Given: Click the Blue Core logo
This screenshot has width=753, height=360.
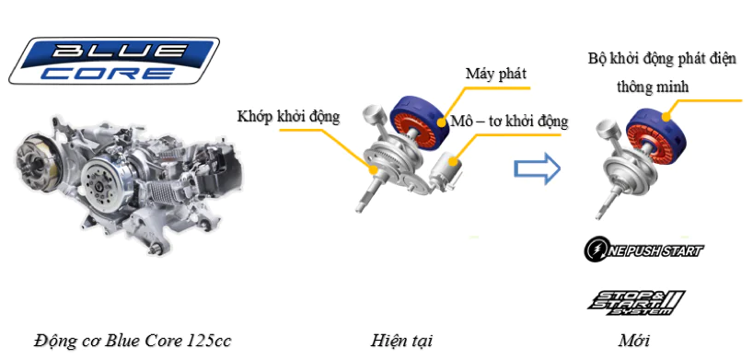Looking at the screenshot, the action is click(x=114, y=61).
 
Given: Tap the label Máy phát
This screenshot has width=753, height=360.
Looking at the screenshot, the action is click(x=496, y=74).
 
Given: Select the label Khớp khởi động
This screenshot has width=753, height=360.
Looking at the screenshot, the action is click(x=289, y=117).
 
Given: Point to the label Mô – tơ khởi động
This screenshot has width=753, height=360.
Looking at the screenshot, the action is click(x=509, y=122).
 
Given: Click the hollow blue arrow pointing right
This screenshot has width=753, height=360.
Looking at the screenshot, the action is click(x=538, y=169).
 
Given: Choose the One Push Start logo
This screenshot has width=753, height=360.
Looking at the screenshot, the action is click(x=643, y=250).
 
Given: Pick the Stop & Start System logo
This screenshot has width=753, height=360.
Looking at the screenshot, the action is click(x=636, y=303).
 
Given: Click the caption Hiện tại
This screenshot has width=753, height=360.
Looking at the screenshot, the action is click(x=401, y=342).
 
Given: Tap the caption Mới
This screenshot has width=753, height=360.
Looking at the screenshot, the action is click(x=634, y=342).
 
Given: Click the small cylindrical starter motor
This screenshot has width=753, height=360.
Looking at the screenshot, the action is click(x=446, y=170).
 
